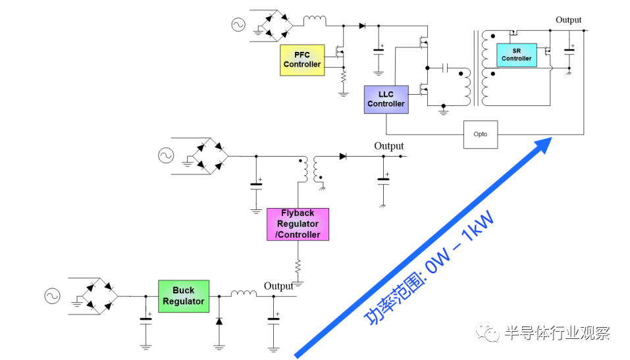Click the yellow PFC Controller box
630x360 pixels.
pos(302,61)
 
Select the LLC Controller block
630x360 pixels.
pos(386,99)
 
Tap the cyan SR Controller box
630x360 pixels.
pos(517,55)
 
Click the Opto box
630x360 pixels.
pos(481,135)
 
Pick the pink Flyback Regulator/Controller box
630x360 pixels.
pos(298,224)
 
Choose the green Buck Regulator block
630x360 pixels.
pos(184,296)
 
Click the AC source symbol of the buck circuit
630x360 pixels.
pos(52,296)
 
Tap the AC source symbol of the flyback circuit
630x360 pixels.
pos(166,155)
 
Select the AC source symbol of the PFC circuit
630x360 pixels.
pos(238,25)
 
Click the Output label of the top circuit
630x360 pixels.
pos(569,20)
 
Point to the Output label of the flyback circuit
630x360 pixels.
pos(389,146)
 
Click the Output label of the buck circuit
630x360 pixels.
pos(278,286)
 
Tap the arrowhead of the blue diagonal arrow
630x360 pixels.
pos(544,145)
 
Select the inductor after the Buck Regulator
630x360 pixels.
pos(244,294)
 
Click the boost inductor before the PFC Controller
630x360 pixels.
pos(315,20)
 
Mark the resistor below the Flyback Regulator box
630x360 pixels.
pos(298,266)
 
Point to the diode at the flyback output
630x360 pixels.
pos(343,156)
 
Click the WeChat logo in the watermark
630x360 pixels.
pos(487,332)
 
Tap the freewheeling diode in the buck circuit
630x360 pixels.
pos(219,321)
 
